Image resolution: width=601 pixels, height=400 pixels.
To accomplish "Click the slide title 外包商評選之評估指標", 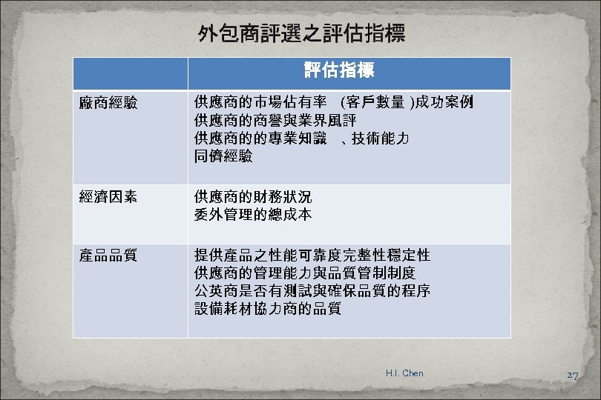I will [300, 34].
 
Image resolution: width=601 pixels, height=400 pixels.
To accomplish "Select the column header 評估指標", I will [338, 72].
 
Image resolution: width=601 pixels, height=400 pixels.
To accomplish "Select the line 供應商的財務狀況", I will [252, 197].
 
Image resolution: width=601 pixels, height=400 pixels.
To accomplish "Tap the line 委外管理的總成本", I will [252, 215].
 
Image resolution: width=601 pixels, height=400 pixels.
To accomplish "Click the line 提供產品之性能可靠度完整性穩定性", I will [312, 256].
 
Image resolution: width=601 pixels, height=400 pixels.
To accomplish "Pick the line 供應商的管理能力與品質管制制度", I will [304, 273].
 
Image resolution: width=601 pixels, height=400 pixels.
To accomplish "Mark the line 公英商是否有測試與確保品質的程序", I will [312, 291].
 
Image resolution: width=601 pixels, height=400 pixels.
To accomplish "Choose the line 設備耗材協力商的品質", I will [267, 309].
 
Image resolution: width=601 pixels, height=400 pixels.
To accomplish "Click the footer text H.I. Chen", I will [404, 373].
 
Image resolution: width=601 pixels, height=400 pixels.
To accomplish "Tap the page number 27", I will [572, 376].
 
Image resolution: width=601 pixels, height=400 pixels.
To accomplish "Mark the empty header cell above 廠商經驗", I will [130, 73].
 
